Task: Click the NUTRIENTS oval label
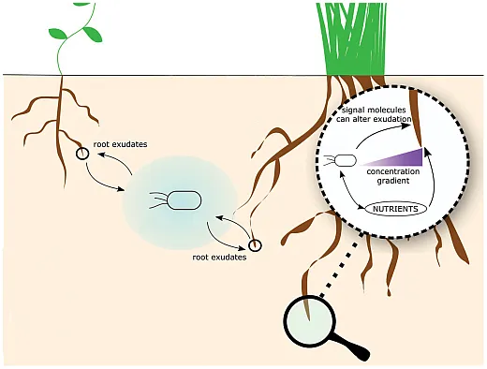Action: [x=387, y=208]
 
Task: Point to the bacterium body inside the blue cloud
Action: [x=184, y=199]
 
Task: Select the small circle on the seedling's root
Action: [x=83, y=153]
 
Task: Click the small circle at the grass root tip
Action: [x=253, y=245]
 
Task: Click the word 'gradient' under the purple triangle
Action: [x=386, y=183]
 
